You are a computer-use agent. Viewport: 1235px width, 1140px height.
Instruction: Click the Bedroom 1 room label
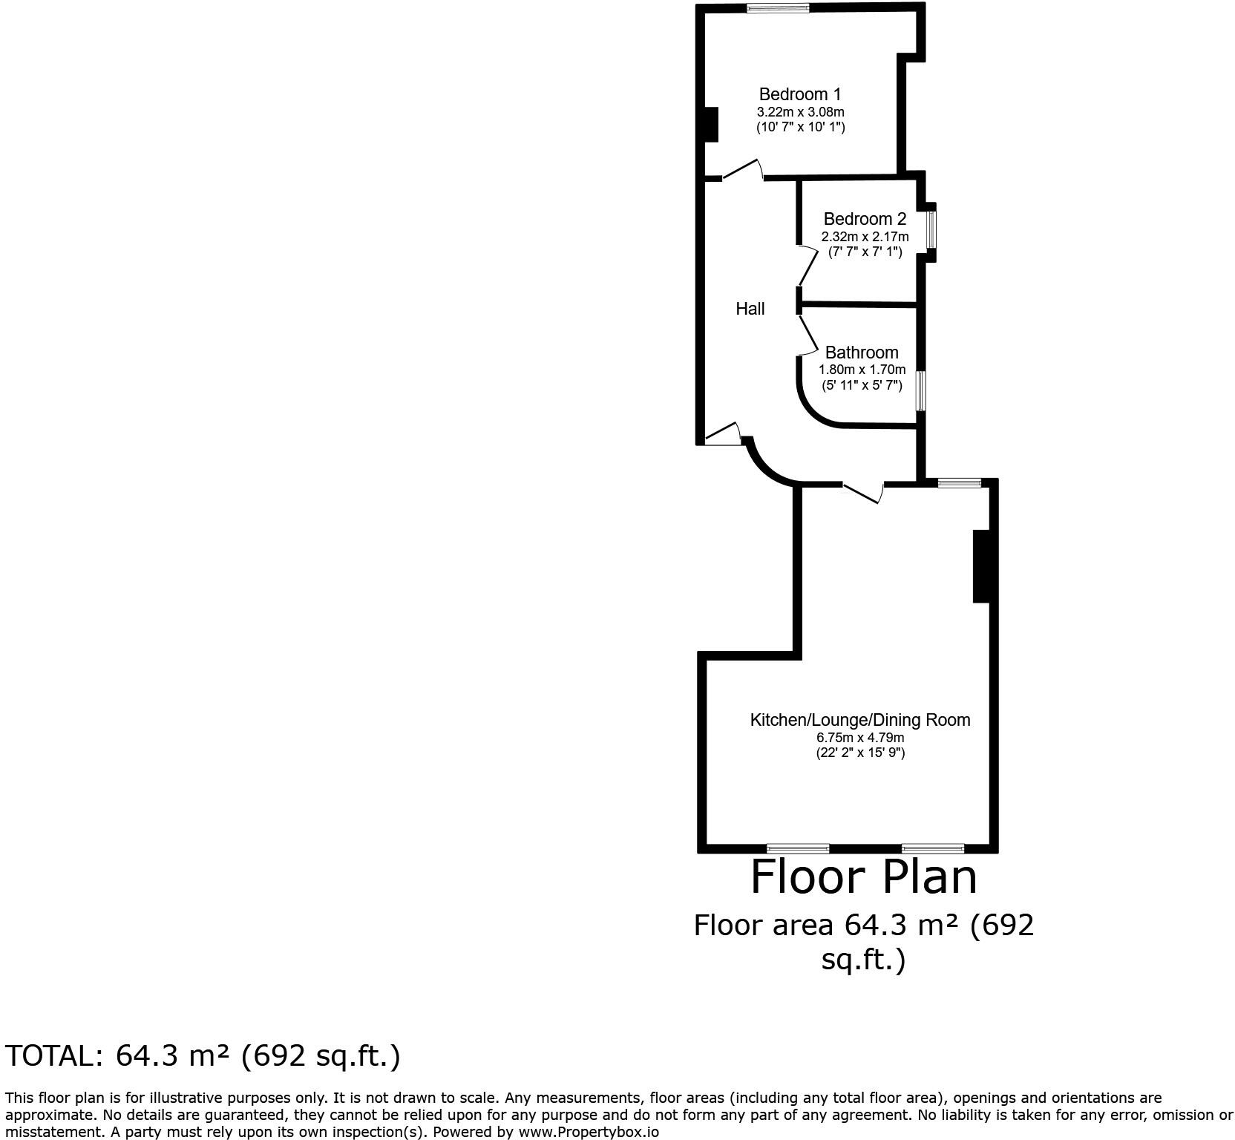(800, 94)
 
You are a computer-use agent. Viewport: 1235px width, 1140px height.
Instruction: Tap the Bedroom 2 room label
(865, 219)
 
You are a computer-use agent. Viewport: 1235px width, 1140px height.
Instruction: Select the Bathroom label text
(862, 353)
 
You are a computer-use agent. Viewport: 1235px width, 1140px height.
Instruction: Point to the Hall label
(750, 309)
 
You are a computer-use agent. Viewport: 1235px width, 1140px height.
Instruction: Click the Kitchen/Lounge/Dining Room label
(860, 720)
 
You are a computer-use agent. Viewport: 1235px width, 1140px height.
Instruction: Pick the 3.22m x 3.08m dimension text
(800, 112)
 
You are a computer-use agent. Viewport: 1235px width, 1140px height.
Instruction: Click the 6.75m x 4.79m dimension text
(860, 738)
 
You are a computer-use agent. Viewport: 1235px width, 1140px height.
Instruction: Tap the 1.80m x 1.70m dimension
(862, 370)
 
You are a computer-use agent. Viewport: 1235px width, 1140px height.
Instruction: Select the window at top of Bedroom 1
(778, 8)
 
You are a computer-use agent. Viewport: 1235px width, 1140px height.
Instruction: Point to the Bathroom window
(920, 390)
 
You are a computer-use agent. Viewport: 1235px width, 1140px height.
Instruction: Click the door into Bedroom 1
(743, 171)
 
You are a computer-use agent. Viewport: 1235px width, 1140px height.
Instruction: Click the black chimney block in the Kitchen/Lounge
(981, 566)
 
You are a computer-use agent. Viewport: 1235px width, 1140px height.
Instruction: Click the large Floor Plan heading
(864, 877)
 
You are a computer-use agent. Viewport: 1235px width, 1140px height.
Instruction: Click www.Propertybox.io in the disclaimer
(589, 1133)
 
